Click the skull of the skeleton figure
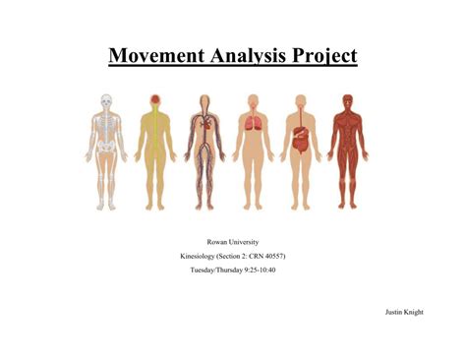pos(106,101)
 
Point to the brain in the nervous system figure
pos(155,100)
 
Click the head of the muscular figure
pos(347,101)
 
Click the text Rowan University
pos(232,241)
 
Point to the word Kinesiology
pos(201,256)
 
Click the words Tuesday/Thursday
pos(212,270)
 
